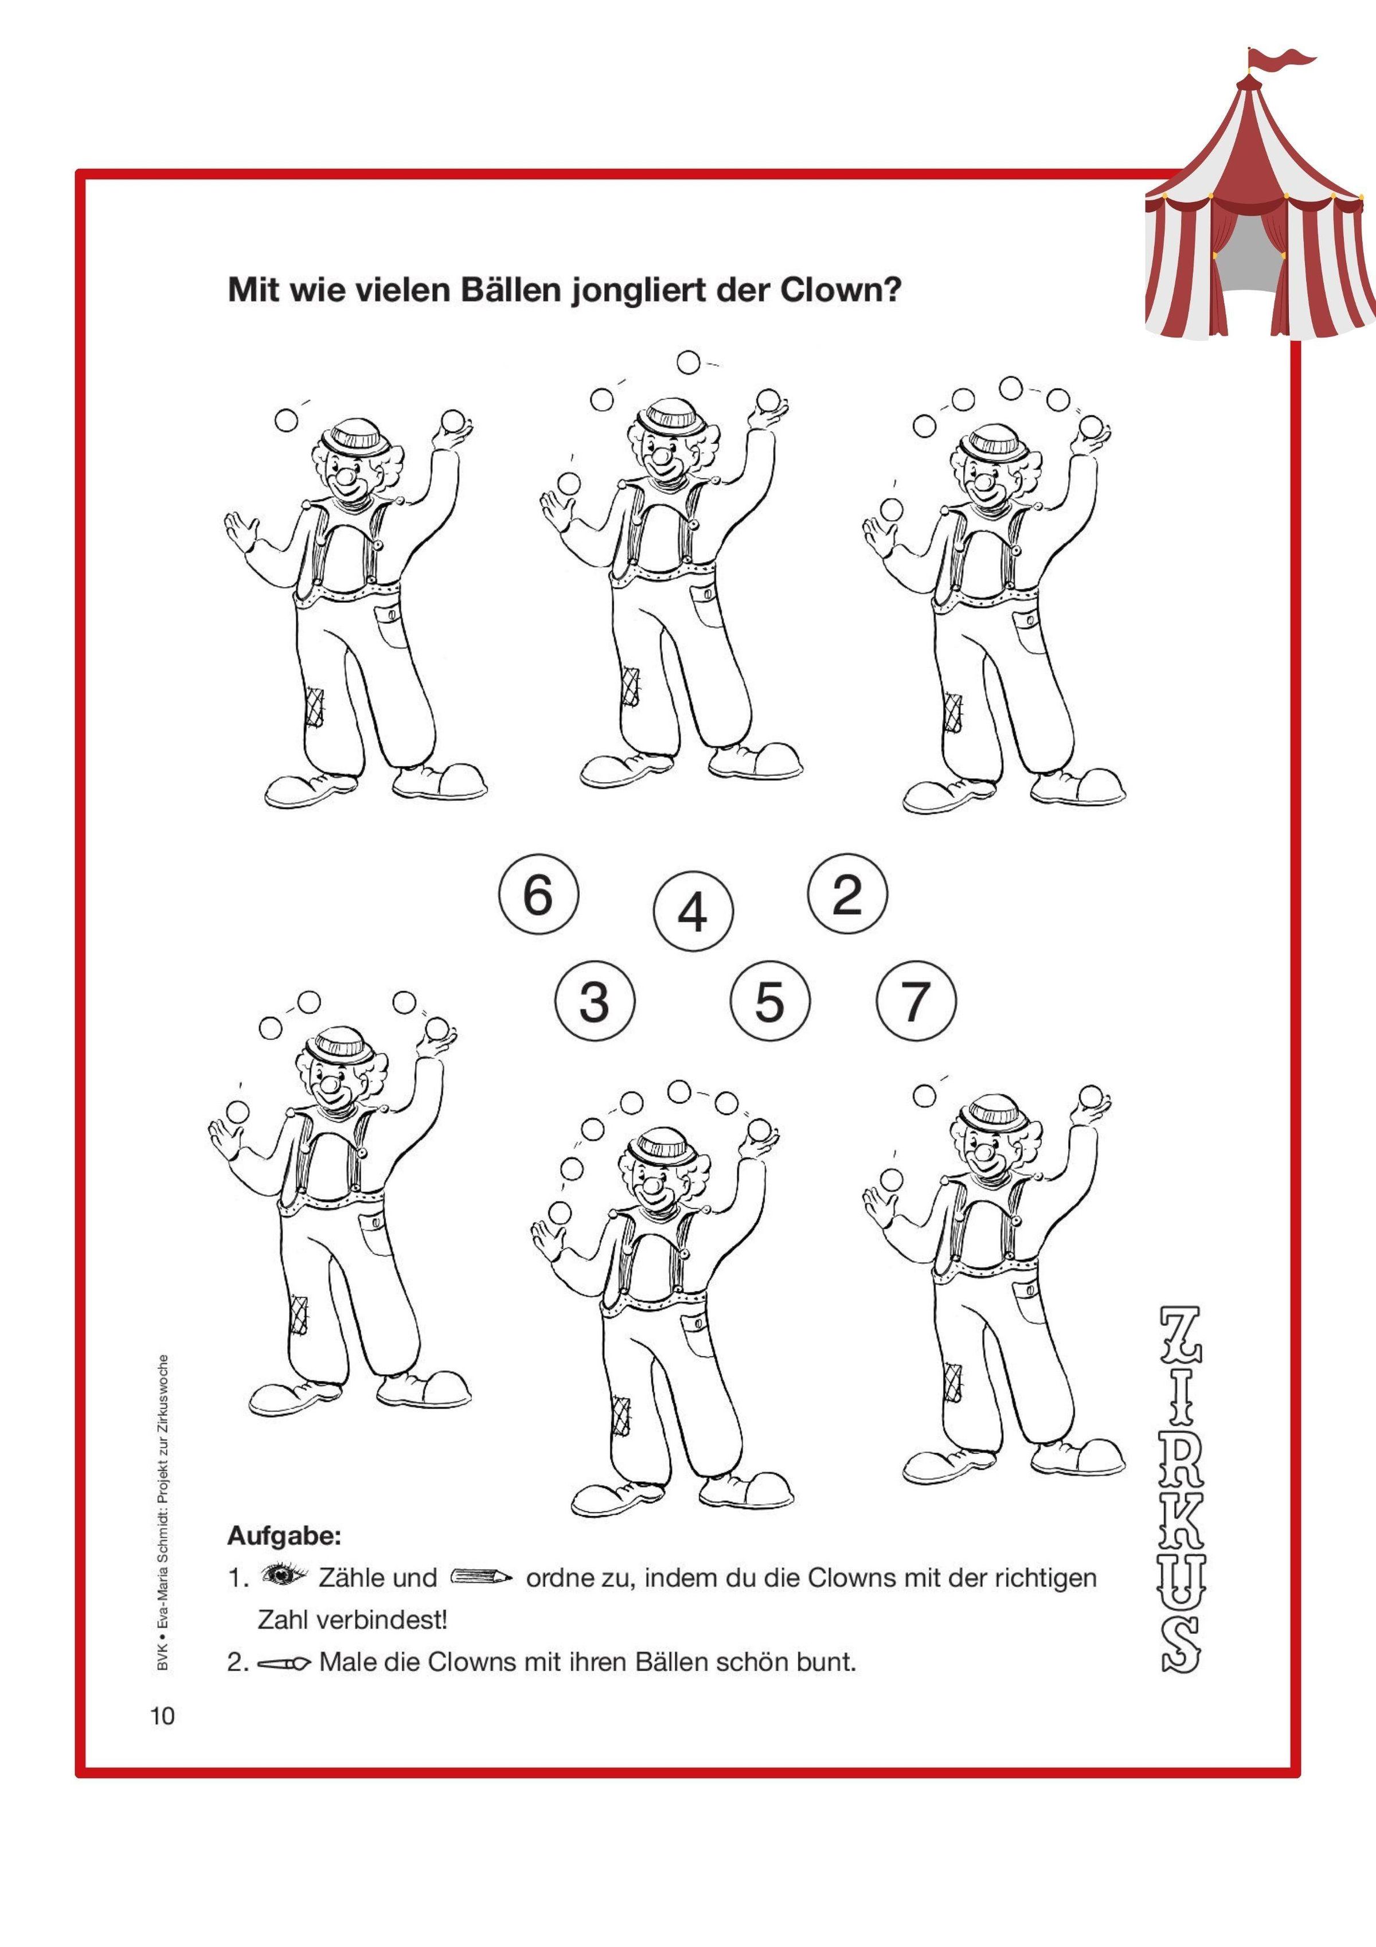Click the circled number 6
coord(538,895)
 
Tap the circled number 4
coord(693,912)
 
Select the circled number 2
coord(847,894)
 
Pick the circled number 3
coord(595,1001)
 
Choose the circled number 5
coord(770,1001)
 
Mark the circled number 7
coord(916,1001)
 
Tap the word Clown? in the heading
coord(840,291)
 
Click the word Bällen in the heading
coord(511,291)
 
